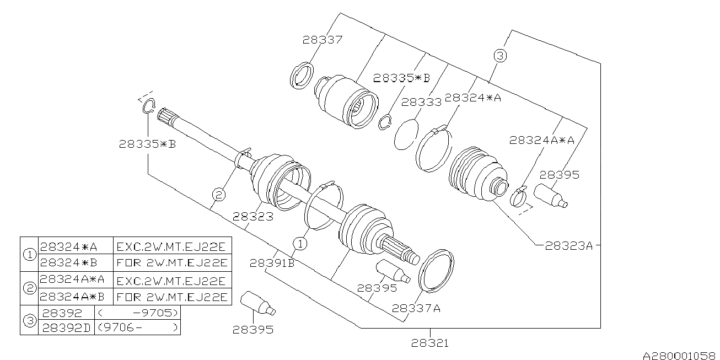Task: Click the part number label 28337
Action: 323,40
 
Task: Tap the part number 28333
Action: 421,102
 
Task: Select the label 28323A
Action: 568,246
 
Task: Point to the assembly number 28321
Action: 429,343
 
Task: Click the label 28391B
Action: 272,263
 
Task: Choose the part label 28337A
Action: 416,308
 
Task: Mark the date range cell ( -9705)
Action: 137,313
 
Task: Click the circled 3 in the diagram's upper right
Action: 499,56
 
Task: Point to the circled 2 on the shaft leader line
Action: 219,194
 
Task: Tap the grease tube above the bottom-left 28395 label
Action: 257,302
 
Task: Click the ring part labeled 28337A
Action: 437,269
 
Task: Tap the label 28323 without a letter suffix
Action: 252,217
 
